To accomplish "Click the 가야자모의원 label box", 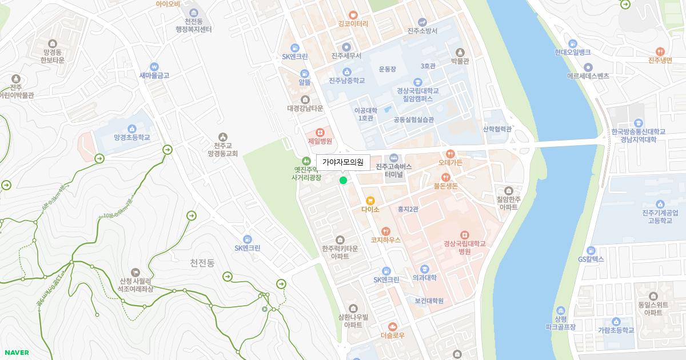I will click(x=343, y=162).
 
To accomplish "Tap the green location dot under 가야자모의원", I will click(x=343, y=181).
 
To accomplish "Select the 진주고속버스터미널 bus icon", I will click(x=393, y=158).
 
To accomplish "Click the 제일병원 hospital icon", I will click(x=320, y=132).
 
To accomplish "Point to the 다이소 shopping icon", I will click(x=370, y=201).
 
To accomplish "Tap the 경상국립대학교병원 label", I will click(x=464, y=247).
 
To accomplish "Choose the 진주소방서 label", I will click(x=422, y=31).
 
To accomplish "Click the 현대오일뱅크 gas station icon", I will click(x=572, y=43).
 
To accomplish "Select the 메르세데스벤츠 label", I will click(x=588, y=75).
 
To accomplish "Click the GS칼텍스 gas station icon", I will click(x=591, y=250).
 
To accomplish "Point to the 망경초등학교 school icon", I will click(x=132, y=129).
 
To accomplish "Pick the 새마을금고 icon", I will click(x=154, y=66).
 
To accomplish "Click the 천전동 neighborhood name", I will click(x=202, y=263).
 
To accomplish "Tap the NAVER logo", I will click(x=16, y=353).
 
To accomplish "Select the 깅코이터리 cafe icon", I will click(x=353, y=15).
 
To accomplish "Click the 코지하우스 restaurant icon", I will click(x=386, y=231).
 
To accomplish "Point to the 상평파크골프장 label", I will click(x=560, y=323).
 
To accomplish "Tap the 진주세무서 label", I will click(x=346, y=56).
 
